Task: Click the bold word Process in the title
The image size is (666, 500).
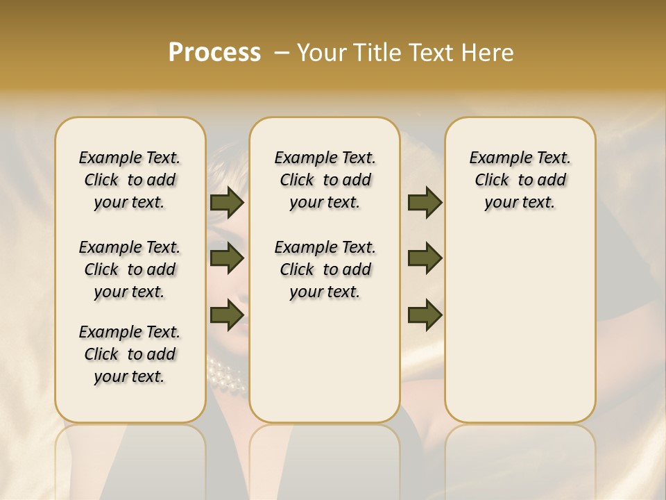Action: tap(214, 53)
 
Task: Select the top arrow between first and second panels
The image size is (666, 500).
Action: tap(227, 202)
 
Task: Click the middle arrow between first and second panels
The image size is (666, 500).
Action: tap(227, 258)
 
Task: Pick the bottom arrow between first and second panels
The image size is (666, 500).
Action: tap(227, 315)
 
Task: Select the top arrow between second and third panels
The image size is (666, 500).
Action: tap(425, 202)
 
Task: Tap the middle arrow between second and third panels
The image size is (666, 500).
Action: tap(425, 258)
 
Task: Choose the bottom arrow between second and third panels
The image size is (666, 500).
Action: tap(425, 315)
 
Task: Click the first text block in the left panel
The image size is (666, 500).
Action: tap(130, 180)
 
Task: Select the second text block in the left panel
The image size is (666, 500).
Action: tap(130, 269)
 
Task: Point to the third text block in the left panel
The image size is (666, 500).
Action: tap(130, 354)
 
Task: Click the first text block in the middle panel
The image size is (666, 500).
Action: tap(325, 180)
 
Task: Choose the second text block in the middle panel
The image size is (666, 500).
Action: tap(325, 269)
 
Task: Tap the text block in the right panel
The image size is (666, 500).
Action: tap(520, 180)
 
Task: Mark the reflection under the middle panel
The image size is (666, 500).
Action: tap(325, 458)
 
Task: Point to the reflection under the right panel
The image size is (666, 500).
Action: tap(520, 458)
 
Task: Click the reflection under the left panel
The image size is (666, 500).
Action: tap(130, 458)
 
